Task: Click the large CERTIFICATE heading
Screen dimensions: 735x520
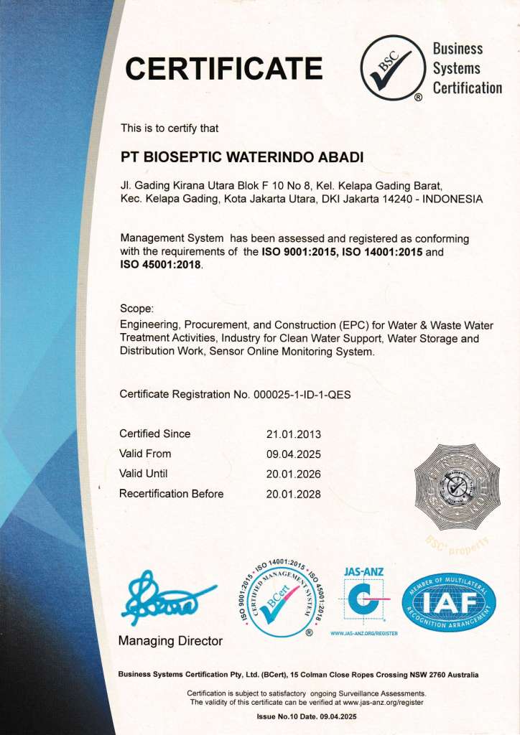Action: pyautogui.click(x=223, y=69)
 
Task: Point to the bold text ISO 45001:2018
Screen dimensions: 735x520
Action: pyautogui.click(x=161, y=265)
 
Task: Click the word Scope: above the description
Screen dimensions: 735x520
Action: pyautogui.click(x=137, y=309)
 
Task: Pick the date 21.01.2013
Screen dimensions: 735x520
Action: pyautogui.click(x=293, y=434)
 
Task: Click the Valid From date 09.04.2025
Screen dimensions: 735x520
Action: pyautogui.click(x=293, y=454)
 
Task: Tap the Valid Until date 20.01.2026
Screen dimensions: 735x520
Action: pyautogui.click(x=293, y=474)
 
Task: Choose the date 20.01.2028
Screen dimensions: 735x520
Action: pyautogui.click(x=293, y=494)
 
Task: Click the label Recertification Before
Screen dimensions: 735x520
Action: pyautogui.click(x=171, y=494)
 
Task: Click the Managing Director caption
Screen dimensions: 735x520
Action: pyautogui.click(x=171, y=641)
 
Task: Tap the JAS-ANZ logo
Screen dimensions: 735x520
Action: pyautogui.click(x=365, y=600)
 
